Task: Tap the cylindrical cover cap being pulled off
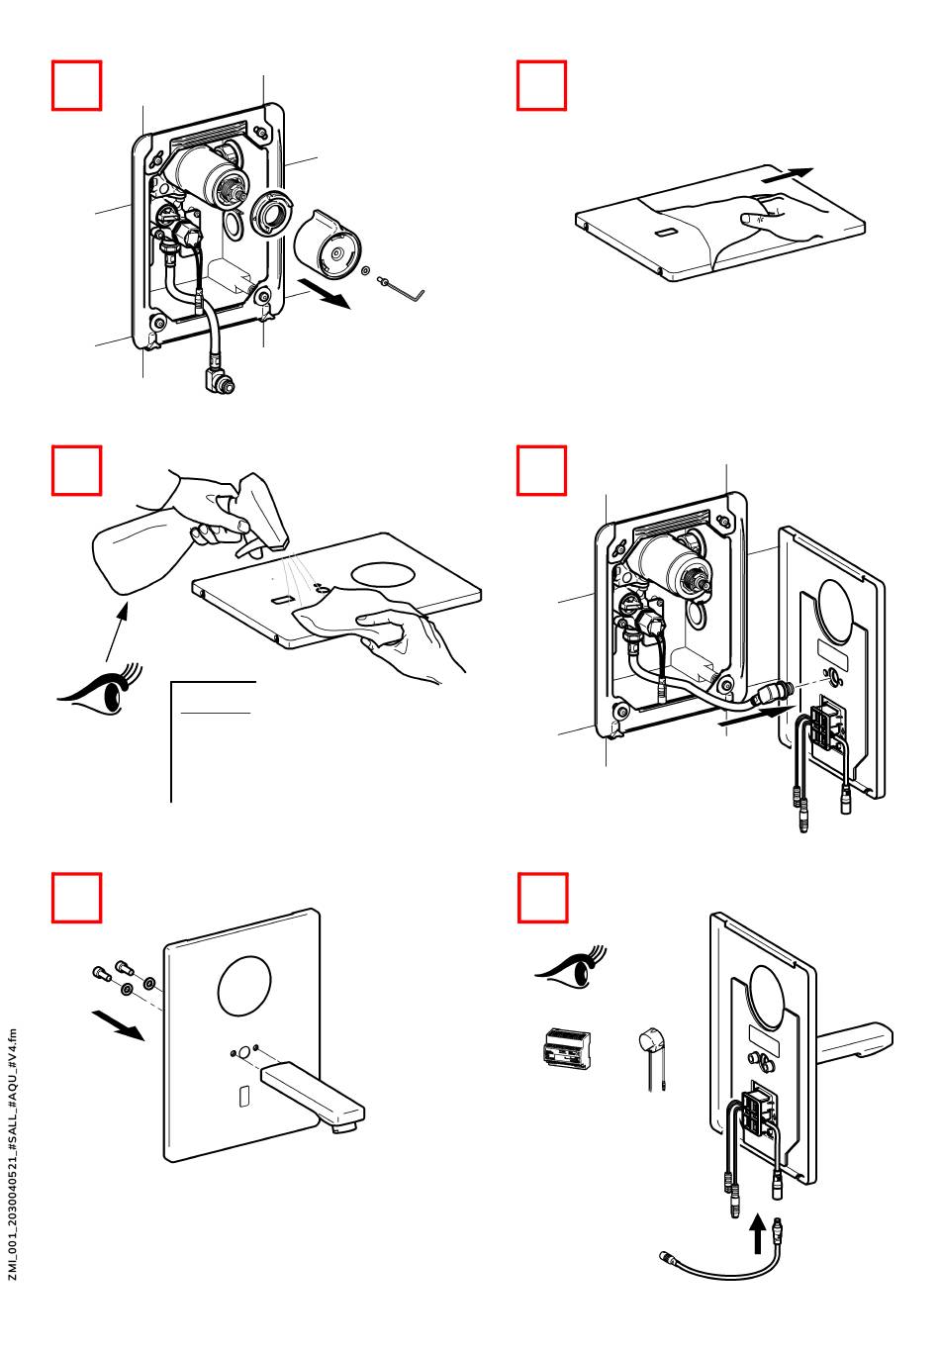click(x=328, y=243)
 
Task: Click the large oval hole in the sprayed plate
click(x=383, y=574)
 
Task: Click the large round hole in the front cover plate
click(x=244, y=988)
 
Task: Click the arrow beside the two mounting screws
click(x=118, y=1024)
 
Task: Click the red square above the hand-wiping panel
click(x=541, y=85)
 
